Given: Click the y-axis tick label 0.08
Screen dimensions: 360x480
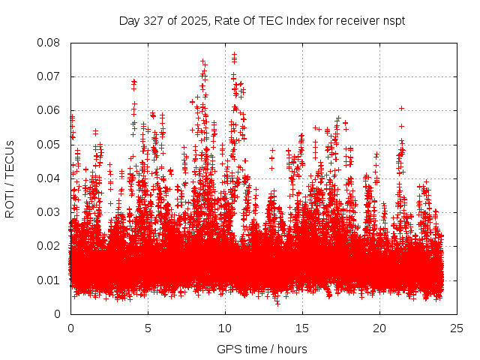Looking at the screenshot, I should tap(49, 43).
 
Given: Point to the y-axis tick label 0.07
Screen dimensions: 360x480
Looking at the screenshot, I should tap(49, 76).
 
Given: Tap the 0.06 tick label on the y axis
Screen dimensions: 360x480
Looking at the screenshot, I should tap(49, 110).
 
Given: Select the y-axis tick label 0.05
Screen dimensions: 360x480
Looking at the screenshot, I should tap(49, 144).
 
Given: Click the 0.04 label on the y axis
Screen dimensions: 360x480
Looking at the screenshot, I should tap(49, 178).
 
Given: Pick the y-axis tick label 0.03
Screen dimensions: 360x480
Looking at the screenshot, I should tap(49, 212).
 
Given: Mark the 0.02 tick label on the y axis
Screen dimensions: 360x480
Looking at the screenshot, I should tap(49, 246).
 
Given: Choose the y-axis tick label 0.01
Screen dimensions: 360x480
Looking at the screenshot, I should tap(49, 280).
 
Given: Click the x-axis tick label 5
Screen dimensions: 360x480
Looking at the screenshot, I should tap(148, 328).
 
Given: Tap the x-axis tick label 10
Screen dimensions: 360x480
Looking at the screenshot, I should tap(225, 328).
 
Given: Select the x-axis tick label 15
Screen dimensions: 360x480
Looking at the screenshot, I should tap(302, 328).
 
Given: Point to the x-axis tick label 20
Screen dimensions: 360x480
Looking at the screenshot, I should tap(379, 328).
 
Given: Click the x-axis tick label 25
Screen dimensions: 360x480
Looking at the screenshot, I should tap(457, 328).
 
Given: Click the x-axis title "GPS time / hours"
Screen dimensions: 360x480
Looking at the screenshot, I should tap(262, 349).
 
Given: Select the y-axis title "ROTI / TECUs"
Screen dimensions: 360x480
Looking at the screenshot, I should tap(10, 178).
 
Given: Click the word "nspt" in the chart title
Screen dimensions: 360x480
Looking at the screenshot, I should tap(394, 20).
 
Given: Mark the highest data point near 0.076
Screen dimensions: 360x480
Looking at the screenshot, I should tap(234, 54).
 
